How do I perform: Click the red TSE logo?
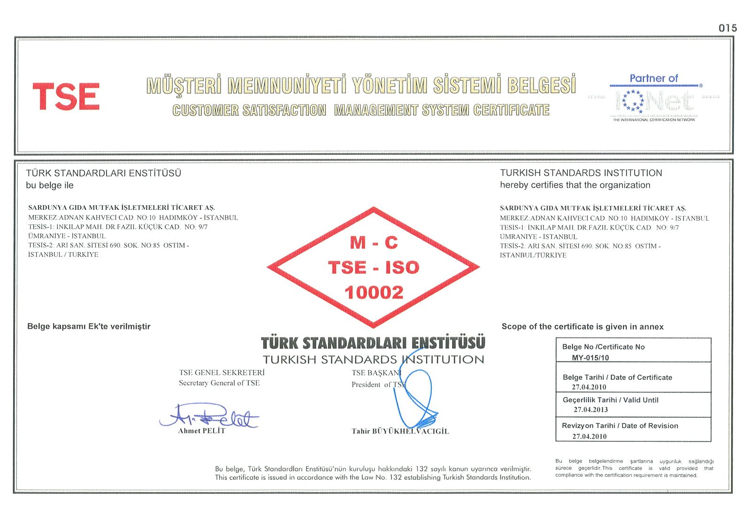tap(66, 97)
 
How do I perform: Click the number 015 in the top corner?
tap(728, 28)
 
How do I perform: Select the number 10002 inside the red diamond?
tap(374, 292)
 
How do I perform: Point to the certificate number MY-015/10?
tap(590, 358)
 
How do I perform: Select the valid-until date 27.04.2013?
tap(590, 410)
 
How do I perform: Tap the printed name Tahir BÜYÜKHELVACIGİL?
tap(400, 431)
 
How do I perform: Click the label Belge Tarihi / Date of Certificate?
tap(617, 377)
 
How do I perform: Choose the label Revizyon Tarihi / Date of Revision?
tap(620, 426)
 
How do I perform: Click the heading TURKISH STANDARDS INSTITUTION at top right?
tap(581, 173)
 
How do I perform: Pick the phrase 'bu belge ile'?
tap(50, 185)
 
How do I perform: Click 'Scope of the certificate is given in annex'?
tap(582, 327)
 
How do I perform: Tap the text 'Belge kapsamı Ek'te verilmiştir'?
tap(89, 326)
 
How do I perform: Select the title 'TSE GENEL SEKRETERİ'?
tap(222, 373)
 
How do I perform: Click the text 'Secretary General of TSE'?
tap(219, 383)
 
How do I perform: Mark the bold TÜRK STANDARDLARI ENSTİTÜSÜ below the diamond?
tap(373, 343)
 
